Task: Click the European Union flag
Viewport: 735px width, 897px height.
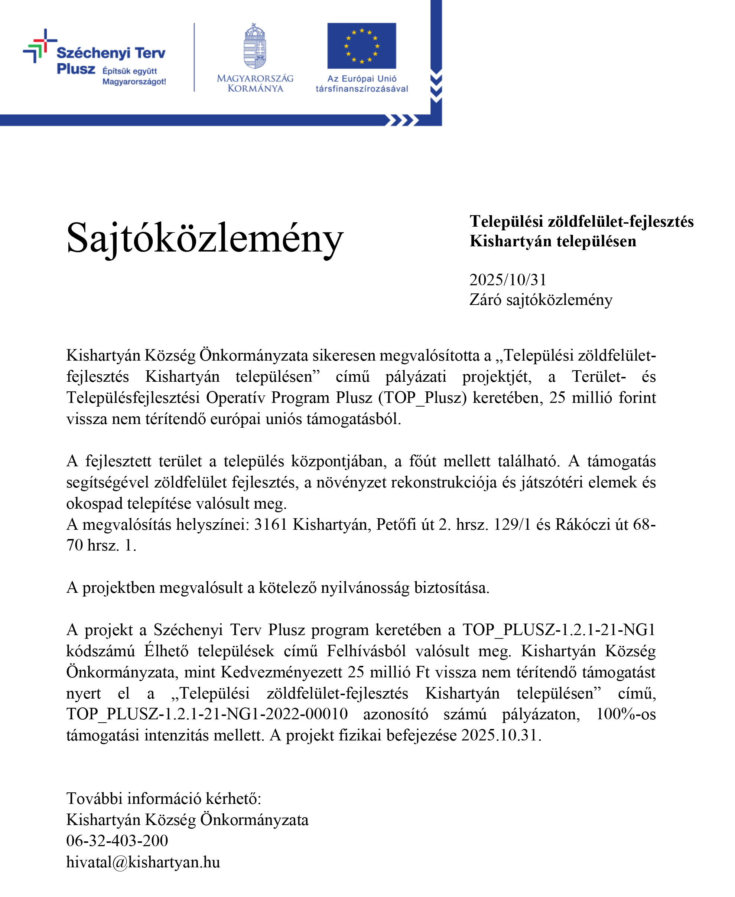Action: click(362, 46)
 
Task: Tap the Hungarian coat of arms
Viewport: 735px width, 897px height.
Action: click(255, 46)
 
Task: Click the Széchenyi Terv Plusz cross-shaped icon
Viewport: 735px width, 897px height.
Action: click(40, 46)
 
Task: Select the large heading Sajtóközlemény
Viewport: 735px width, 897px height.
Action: click(205, 238)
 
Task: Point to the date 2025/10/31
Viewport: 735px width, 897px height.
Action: click(508, 280)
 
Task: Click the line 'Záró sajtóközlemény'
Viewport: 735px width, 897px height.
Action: click(541, 300)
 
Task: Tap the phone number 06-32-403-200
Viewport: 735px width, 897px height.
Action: click(117, 840)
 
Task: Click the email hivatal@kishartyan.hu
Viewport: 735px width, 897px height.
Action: click(143, 861)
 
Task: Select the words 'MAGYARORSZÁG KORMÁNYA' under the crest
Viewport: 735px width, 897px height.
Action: click(255, 83)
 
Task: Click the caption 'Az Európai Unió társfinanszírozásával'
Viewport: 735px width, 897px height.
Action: click(362, 83)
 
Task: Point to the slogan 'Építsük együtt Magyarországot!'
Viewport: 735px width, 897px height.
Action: click(134, 76)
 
